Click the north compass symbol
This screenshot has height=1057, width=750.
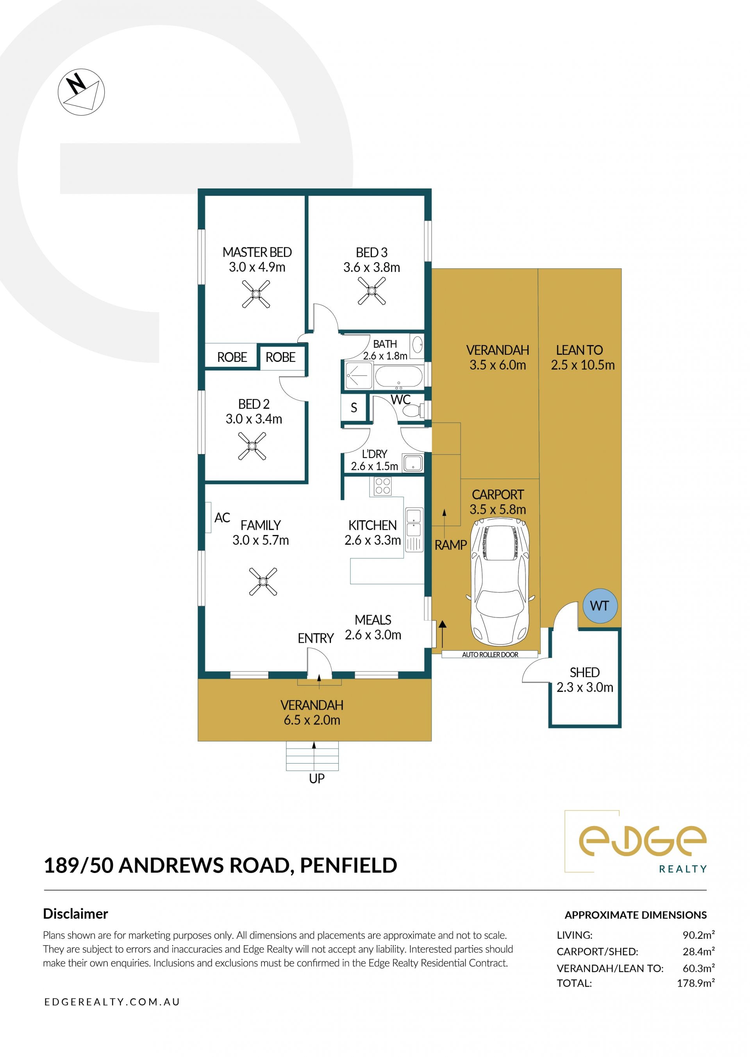click(x=81, y=92)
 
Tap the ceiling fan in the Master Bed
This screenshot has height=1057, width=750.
click(x=256, y=294)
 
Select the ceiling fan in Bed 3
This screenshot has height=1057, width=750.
click(x=372, y=291)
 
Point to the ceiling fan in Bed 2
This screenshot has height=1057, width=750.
click(x=252, y=446)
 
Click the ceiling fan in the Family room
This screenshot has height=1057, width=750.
click(x=263, y=581)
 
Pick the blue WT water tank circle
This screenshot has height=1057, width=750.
click(x=600, y=606)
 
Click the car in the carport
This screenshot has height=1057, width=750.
click(x=500, y=581)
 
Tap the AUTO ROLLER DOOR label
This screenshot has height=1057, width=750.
click(x=490, y=654)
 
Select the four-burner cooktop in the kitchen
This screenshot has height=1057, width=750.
click(x=383, y=486)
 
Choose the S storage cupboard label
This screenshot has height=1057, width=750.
click(x=354, y=408)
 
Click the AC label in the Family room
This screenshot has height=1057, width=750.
click(x=222, y=517)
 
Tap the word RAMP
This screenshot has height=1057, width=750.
click(x=451, y=545)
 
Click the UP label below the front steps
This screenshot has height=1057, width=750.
click(x=317, y=778)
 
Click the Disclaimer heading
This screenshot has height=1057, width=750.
click(x=75, y=914)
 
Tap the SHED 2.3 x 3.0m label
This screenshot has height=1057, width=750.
click(x=585, y=680)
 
